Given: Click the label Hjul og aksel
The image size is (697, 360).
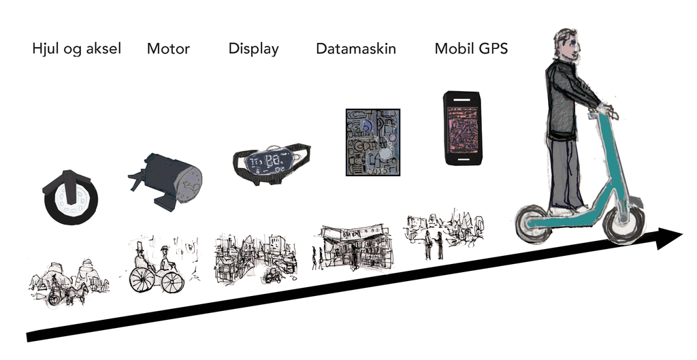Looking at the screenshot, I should point(76,49).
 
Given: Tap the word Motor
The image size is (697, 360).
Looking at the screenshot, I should point(168,49).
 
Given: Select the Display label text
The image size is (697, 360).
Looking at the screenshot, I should point(253,49).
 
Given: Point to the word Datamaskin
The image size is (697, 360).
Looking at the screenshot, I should point(356,49).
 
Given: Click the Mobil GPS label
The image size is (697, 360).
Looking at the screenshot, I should point(471,49).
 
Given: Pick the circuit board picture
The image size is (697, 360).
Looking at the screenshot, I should point(372,143).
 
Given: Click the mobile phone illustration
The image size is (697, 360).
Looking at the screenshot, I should point(462,128).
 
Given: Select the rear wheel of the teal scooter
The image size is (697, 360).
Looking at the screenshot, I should point(533,224).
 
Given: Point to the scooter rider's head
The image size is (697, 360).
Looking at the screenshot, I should point(566,44).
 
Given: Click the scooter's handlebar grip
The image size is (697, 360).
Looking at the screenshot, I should point(607,109).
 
